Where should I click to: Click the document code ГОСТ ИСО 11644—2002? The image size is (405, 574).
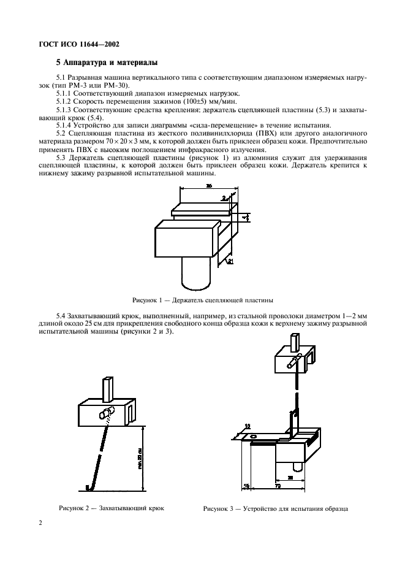click(x=80, y=45)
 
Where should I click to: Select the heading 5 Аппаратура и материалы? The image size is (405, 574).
click(x=107, y=63)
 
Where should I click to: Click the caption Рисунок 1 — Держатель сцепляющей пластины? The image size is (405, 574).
click(x=202, y=300)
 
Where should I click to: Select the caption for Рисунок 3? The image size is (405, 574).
click(x=276, y=509)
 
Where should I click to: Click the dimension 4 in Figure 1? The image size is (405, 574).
click(x=244, y=217)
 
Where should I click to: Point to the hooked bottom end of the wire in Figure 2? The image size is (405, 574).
click(x=90, y=487)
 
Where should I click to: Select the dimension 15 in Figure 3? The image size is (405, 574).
click(x=246, y=486)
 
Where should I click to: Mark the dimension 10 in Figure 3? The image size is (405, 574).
click(x=247, y=426)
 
